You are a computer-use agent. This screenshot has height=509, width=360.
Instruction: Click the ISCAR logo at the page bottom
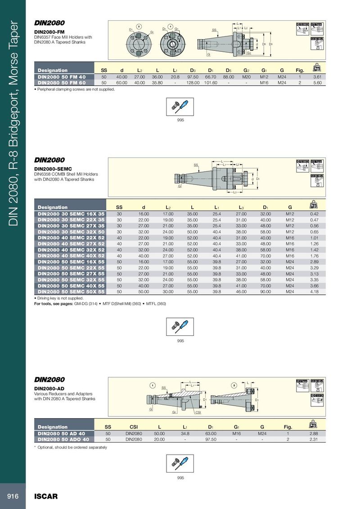coord(46,497)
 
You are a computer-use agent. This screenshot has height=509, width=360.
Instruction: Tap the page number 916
coord(13,496)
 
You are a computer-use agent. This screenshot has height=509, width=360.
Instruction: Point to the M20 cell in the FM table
coord(246,77)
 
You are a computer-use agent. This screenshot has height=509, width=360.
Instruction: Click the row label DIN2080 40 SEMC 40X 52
coord(71,255)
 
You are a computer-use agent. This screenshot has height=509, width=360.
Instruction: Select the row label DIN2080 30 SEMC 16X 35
coord(71,214)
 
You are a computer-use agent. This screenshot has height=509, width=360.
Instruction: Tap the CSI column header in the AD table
coord(134,427)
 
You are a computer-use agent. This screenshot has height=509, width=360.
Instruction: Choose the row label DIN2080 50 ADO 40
coord(63,439)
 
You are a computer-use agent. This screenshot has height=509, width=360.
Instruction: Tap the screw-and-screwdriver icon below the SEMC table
coord(180,326)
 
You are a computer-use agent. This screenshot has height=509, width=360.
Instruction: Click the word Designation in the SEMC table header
coord(53,207)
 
